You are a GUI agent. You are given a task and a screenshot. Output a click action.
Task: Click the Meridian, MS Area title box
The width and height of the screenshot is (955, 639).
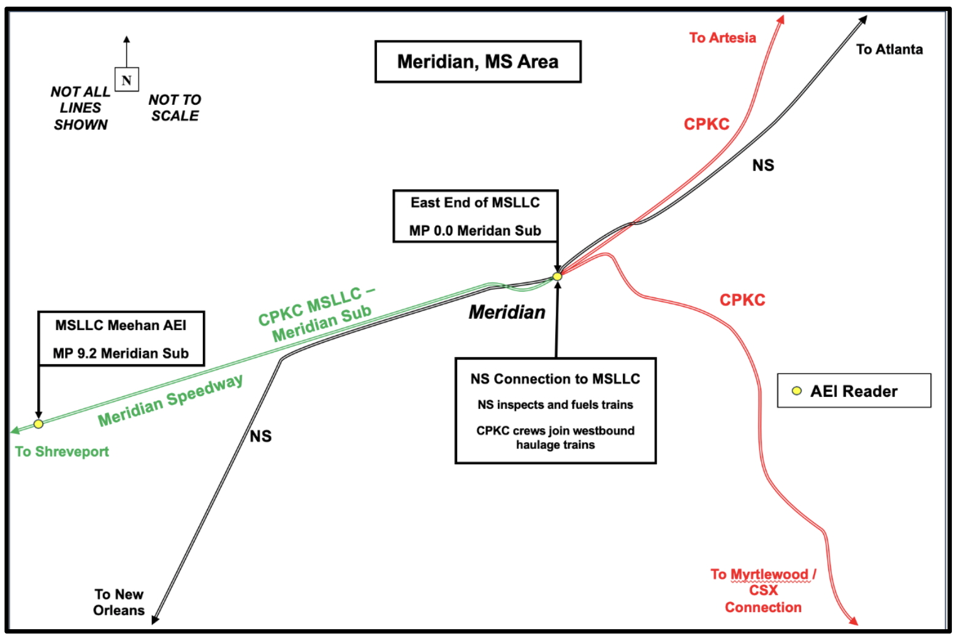point(477,61)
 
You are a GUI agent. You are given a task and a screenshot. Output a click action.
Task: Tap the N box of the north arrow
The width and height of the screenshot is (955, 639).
point(127,80)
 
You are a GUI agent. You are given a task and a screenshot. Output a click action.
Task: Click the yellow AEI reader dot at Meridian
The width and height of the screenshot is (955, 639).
point(557,277)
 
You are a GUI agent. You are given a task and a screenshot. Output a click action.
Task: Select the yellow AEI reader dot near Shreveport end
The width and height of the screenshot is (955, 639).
point(39,424)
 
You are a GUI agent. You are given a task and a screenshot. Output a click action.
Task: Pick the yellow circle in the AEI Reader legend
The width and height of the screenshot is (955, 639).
point(797,391)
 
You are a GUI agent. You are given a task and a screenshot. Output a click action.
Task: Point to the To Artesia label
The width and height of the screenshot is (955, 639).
point(722,38)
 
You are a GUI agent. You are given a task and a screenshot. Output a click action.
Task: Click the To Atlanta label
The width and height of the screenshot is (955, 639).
point(889,50)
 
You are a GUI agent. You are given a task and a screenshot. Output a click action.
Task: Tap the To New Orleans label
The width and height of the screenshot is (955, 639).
point(119,602)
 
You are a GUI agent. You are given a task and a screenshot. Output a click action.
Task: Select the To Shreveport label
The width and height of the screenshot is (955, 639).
point(62,452)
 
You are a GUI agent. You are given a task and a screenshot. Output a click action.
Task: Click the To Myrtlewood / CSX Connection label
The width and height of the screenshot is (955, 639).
point(763,591)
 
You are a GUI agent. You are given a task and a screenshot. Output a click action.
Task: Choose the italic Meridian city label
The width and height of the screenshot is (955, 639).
point(507,312)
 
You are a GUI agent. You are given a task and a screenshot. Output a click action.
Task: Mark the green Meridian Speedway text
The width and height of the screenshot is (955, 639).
point(170,400)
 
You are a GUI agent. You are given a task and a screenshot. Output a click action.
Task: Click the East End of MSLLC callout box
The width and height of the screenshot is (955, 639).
point(475,216)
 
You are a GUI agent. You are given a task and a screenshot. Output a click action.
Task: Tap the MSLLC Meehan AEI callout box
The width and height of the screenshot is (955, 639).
point(121,339)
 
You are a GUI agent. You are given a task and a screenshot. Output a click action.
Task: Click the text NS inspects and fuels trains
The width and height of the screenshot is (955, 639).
point(555,405)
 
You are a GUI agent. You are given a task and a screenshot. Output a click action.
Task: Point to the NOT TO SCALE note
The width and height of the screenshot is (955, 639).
point(175,108)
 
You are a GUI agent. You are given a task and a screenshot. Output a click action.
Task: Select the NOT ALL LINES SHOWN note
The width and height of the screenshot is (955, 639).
point(80,108)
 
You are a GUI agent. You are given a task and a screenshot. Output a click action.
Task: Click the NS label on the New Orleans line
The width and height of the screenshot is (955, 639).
point(261,436)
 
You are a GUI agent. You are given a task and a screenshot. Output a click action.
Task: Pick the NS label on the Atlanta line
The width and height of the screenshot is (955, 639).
point(763,165)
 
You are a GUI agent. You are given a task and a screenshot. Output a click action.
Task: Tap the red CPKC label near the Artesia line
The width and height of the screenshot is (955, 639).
point(707,124)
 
